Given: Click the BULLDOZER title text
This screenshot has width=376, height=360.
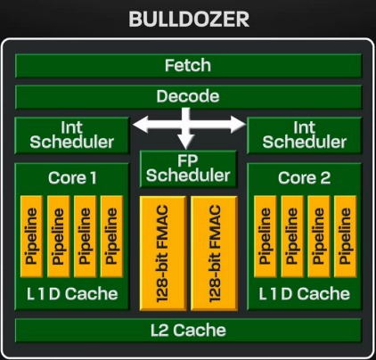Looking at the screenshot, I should tap(188, 19).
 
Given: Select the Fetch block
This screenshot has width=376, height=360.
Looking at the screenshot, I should tap(188, 66).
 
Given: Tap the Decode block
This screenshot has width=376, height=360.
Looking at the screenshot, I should tap(188, 96).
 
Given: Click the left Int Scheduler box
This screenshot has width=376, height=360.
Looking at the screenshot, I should tap(71, 135).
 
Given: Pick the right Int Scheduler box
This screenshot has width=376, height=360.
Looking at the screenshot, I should tap(304, 135).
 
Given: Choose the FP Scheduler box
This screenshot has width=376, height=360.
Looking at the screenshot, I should tap(188, 168).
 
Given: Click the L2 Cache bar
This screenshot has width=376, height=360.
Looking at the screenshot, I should tap(188, 331).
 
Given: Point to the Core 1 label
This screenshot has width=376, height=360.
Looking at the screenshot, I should tap(71, 177).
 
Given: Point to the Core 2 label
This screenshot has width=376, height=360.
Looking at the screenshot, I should tap(304, 177).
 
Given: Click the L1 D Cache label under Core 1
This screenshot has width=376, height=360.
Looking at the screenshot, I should tap(71, 293).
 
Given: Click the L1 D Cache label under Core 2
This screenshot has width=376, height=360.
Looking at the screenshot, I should tap(304, 293).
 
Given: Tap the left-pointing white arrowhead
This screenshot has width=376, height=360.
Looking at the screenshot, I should tap(139, 127).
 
